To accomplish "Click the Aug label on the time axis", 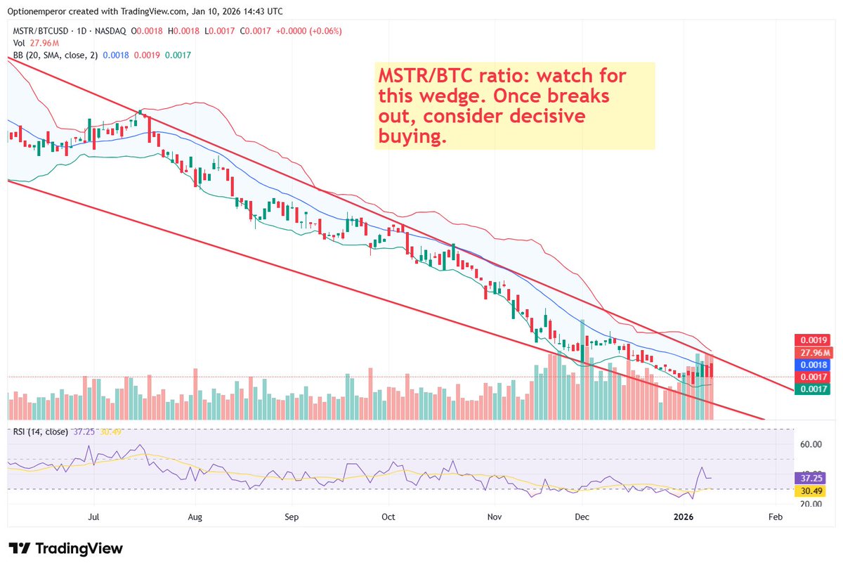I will (x=195, y=517).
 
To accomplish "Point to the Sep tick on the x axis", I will (x=292, y=517).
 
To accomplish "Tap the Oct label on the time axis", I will (x=388, y=517).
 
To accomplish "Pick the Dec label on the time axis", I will (x=581, y=517).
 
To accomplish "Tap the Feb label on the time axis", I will (x=774, y=517).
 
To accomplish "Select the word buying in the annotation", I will (x=412, y=136).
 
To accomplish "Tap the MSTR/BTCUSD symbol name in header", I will (x=39, y=31).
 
